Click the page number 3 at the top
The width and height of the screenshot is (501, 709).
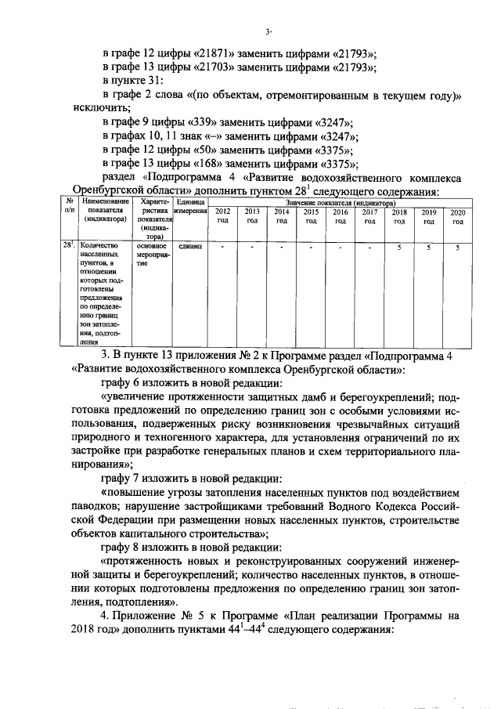tap(267, 31)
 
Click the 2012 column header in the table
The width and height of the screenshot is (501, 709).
tap(223, 216)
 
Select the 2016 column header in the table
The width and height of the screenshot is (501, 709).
tap(341, 216)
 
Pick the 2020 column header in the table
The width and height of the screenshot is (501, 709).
tap(458, 216)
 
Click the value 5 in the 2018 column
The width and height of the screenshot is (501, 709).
tap(399, 248)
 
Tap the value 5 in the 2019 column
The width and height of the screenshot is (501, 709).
tap(429, 248)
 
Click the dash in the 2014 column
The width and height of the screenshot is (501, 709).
tap(282, 248)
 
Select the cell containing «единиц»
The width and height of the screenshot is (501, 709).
tap(190, 247)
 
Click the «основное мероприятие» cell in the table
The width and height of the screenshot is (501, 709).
tap(152, 255)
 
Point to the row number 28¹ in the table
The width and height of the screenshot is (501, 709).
tap(69, 246)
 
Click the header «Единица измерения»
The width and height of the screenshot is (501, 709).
tap(190, 207)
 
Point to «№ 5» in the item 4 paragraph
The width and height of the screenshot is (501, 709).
tap(196, 617)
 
